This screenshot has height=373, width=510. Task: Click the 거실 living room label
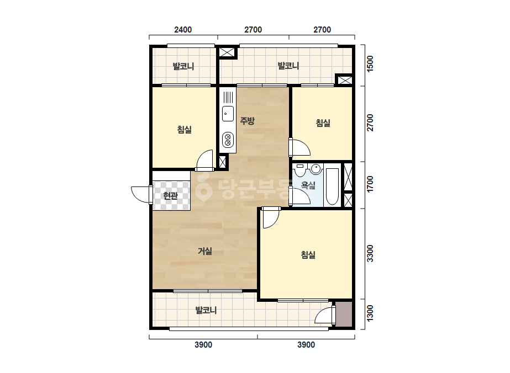click(x=205, y=251)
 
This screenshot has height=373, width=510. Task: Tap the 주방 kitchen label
click(x=247, y=121)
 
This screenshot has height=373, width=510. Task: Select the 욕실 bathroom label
click(x=308, y=185)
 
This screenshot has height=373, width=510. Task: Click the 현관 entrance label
click(x=170, y=196)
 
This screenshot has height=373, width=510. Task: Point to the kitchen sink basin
click(x=228, y=114)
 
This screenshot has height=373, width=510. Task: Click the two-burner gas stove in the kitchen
click(x=228, y=140)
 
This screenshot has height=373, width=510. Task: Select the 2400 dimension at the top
click(x=183, y=30)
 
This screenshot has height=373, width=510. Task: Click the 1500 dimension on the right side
click(x=370, y=64)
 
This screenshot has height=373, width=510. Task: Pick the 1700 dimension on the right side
click(x=370, y=184)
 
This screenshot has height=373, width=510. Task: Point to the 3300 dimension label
click(x=370, y=253)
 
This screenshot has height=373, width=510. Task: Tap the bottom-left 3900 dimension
click(x=203, y=345)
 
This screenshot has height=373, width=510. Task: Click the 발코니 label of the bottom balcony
click(x=206, y=310)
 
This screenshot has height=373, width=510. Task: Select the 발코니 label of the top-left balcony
click(x=183, y=67)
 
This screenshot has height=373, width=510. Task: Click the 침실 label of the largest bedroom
click(x=308, y=255)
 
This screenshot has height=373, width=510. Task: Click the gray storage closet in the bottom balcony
click(x=344, y=314)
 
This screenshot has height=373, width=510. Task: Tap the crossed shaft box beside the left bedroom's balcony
click(x=227, y=52)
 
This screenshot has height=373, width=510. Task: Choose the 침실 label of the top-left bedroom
click(x=185, y=130)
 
